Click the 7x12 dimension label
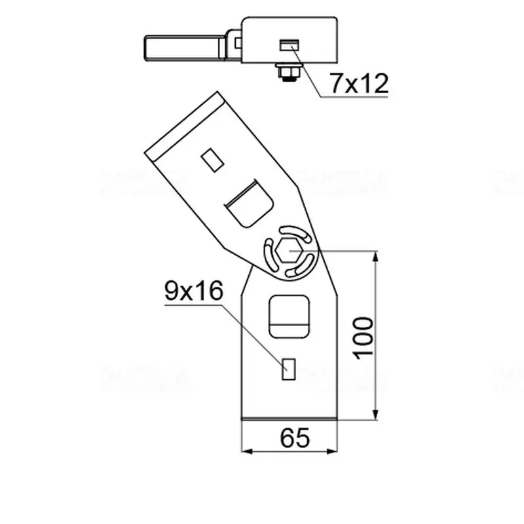coord(359,83)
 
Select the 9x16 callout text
coord(194,291)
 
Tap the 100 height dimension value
coord(362,337)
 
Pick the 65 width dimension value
coord(294,438)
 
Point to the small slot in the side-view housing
coord(289,45)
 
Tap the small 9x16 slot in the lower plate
coord(288,369)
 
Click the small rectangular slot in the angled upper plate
coord(210,159)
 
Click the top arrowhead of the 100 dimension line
coord(375,255)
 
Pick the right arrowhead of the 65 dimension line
coord(335,451)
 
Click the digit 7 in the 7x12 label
coord(335,83)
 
